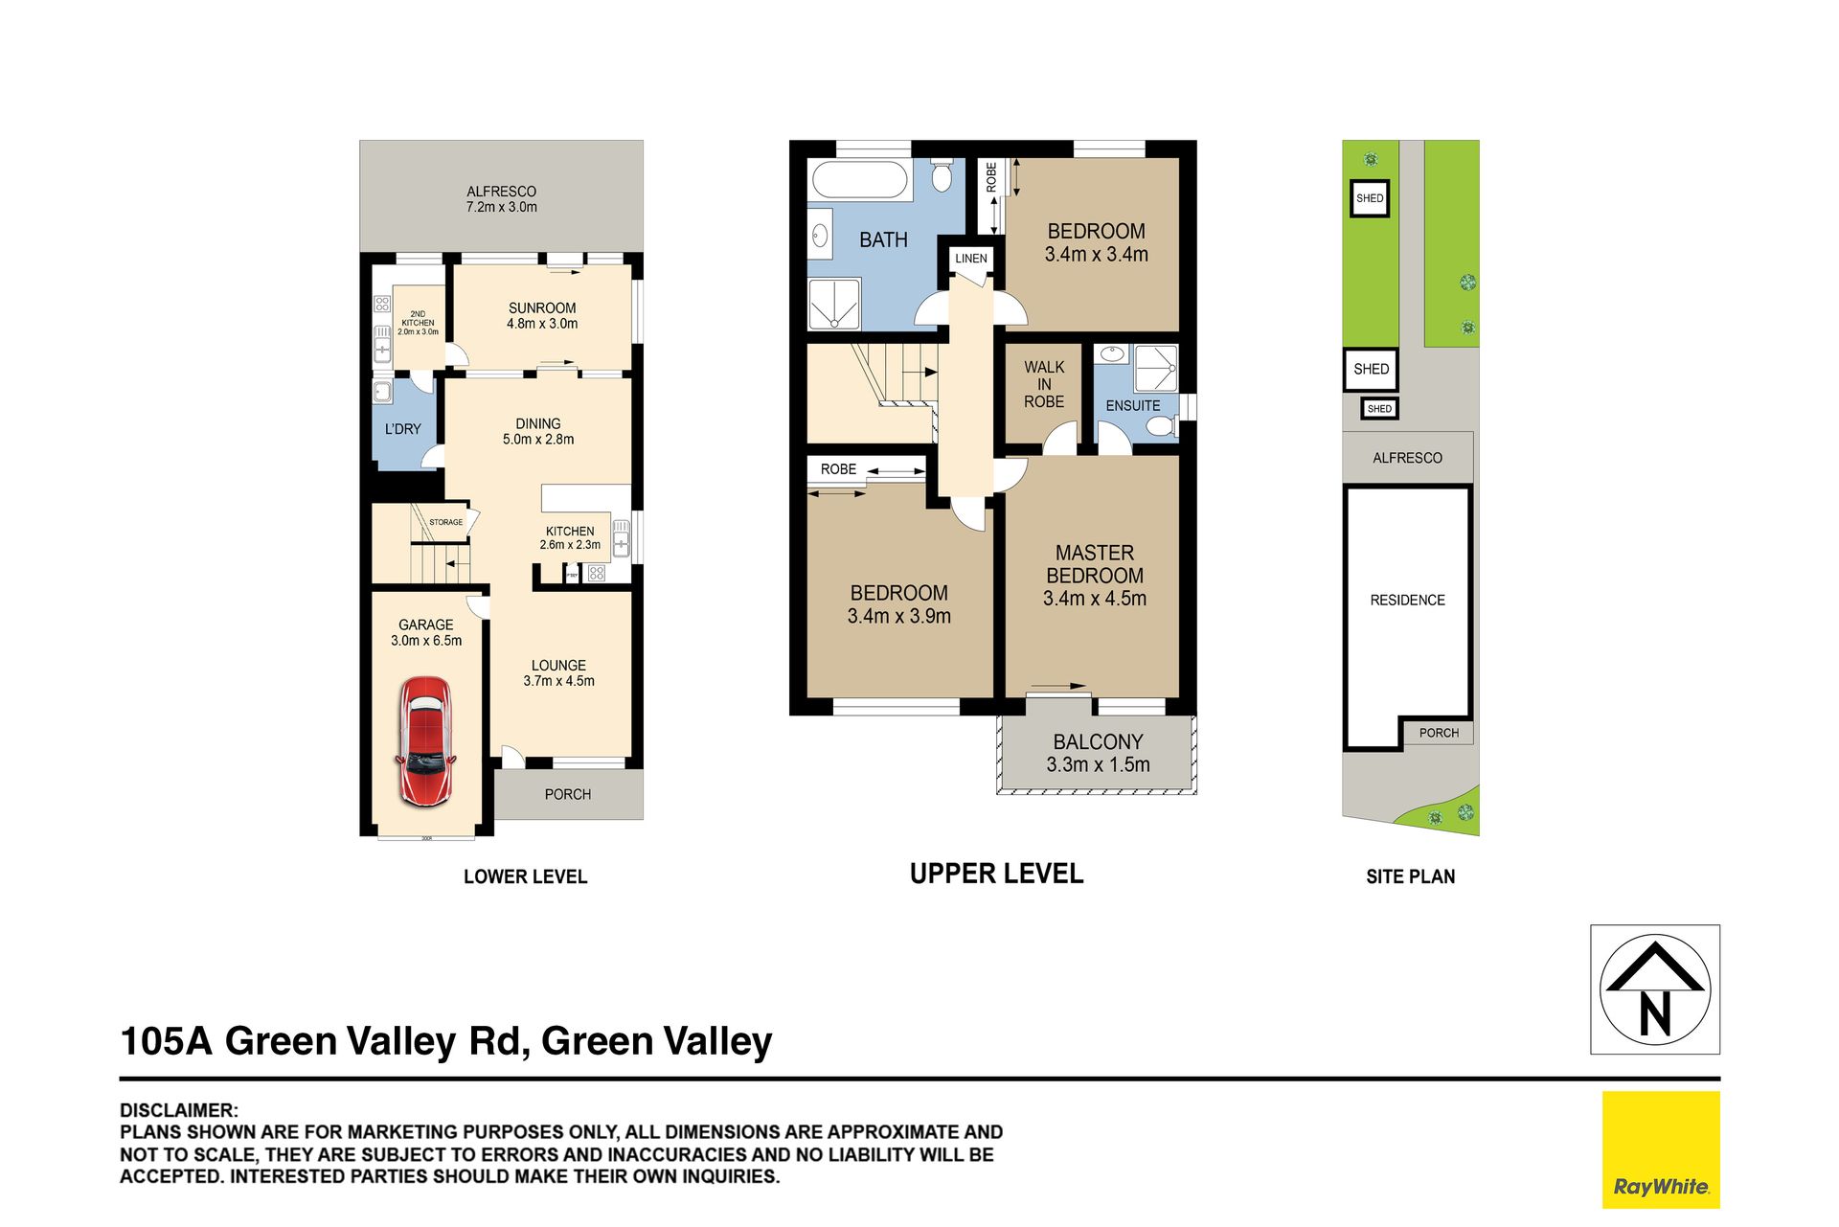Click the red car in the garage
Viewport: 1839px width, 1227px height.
coord(425,740)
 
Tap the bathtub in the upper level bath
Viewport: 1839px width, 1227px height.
coord(859,180)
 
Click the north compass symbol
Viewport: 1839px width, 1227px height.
coord(1655,989)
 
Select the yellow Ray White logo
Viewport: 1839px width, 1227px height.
coord(1661,1149)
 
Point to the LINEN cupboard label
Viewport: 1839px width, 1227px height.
coord(970,259)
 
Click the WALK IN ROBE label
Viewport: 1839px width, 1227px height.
coord(1044,384)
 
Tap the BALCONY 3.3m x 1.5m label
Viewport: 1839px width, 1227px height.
coord(1098,753)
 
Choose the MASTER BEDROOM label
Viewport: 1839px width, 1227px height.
coord(1095,564)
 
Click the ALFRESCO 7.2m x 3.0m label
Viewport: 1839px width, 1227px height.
coord(501,199)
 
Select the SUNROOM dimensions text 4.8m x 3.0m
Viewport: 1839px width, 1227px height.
coord(542,324)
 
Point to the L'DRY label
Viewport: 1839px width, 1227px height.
coord(402,429)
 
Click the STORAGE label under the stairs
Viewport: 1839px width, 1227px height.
coord(445,522)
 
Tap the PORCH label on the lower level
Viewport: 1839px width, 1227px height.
coord(567,794)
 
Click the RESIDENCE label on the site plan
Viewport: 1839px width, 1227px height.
coord(1407,601)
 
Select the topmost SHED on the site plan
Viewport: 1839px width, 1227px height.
coord(1370,198)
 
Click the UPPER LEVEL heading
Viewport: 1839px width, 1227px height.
coord(996,874)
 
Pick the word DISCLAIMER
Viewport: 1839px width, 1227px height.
coord(178,1110)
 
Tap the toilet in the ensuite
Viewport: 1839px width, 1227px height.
coord(1161,425)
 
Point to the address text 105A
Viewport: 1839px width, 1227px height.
coord(166,1041)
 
